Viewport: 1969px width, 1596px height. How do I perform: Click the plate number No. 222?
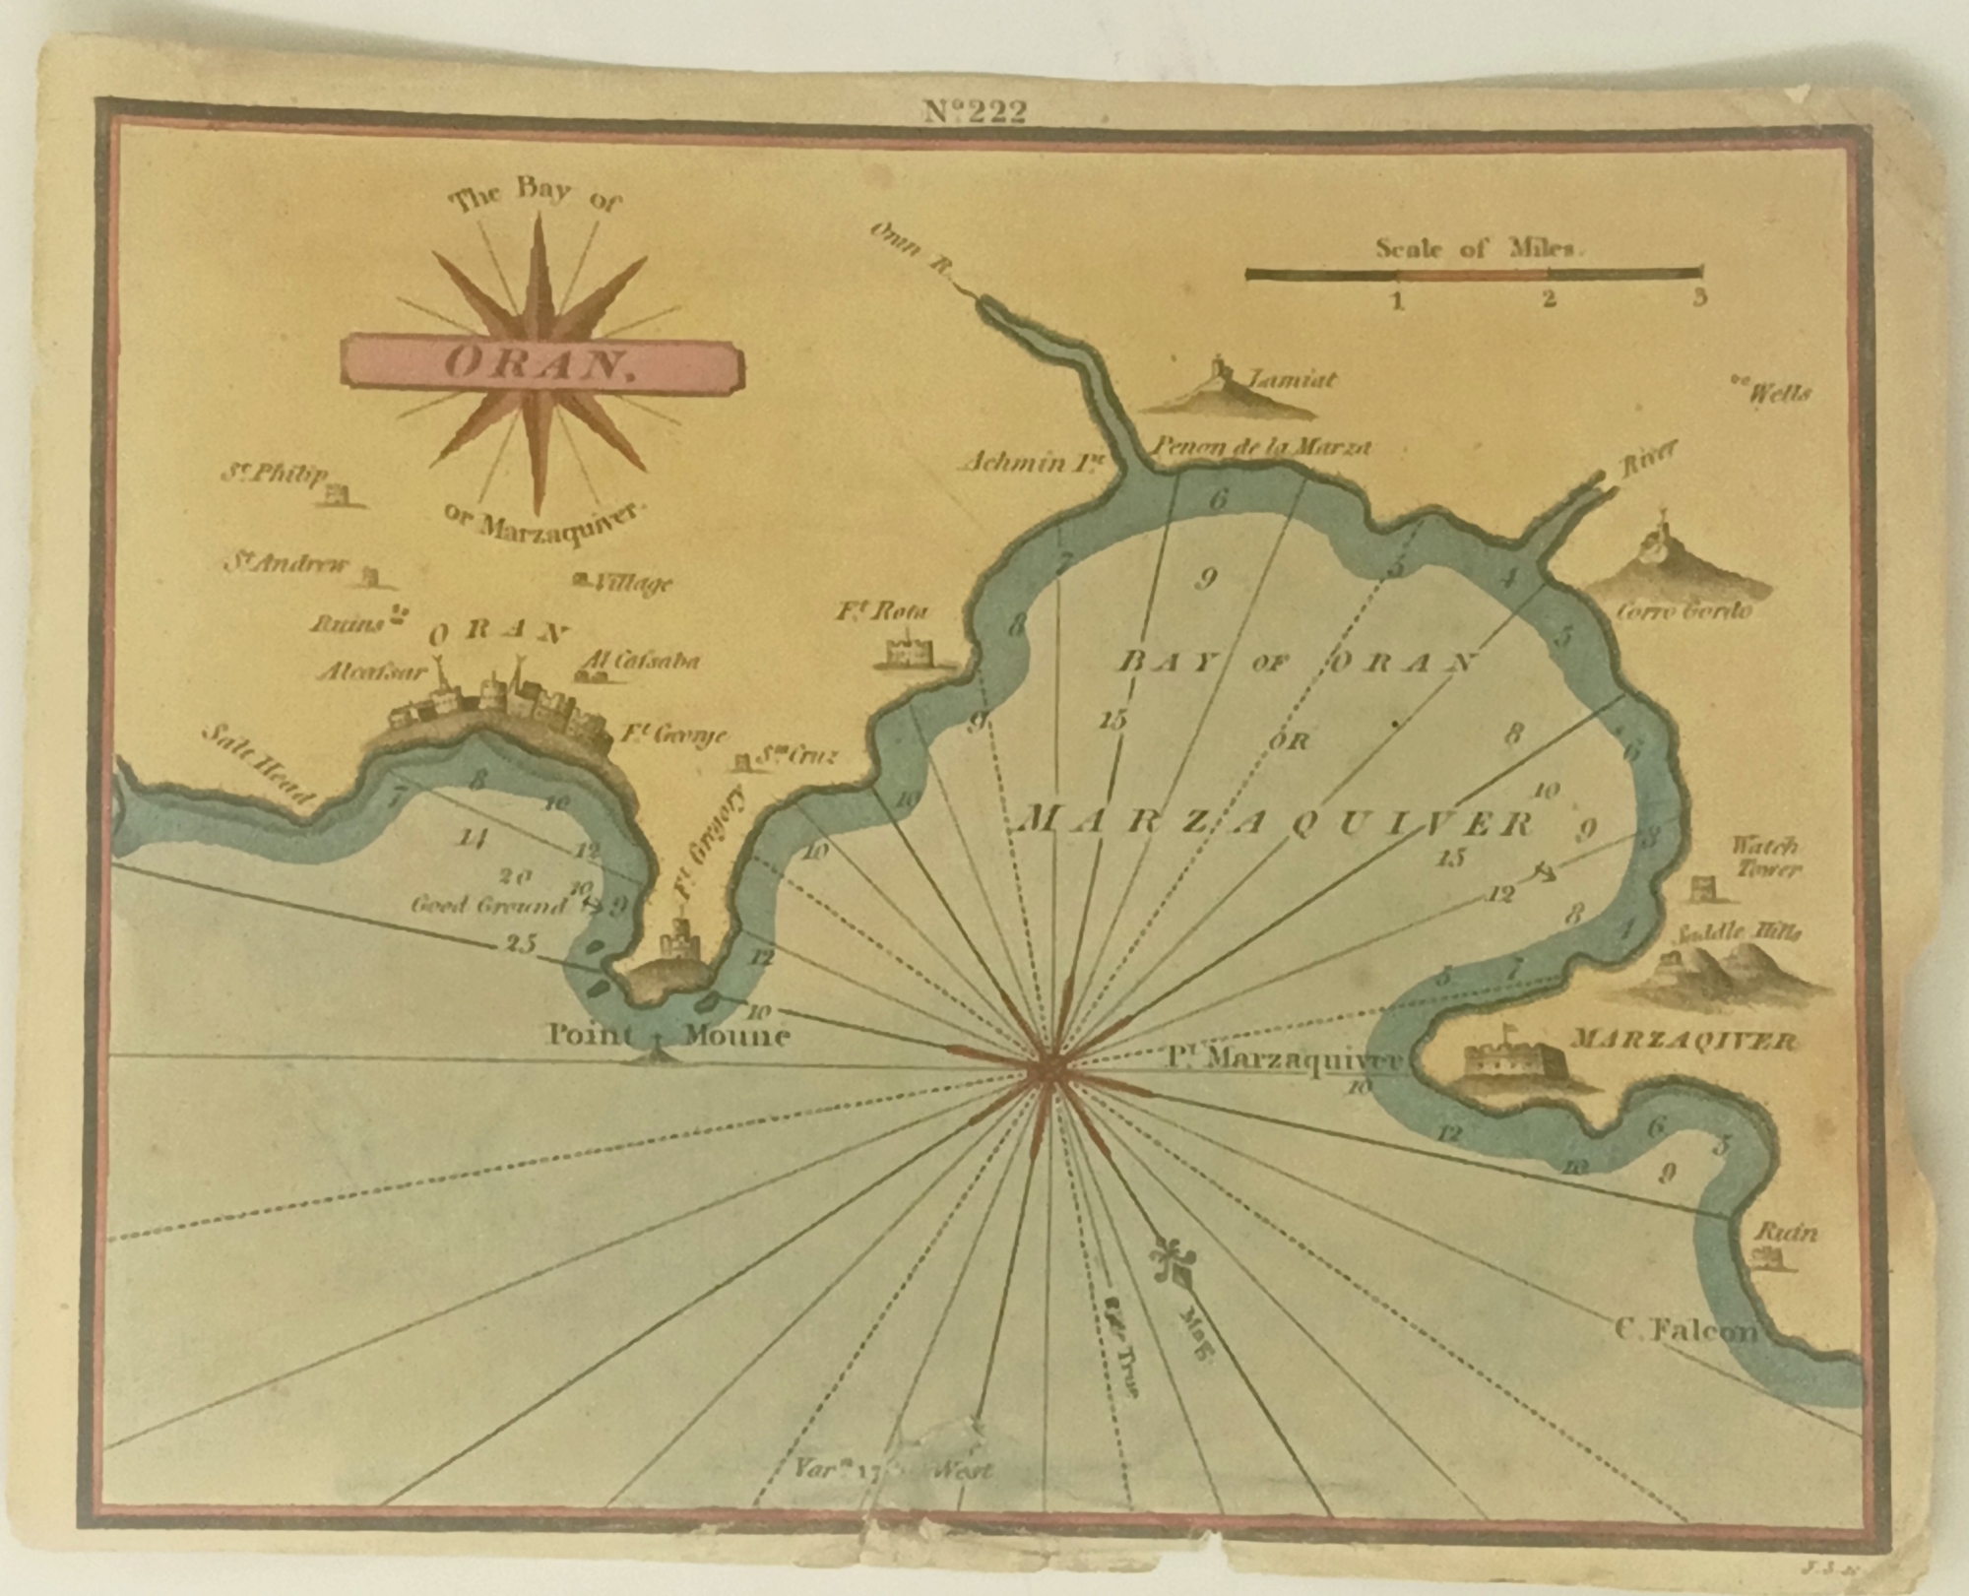tap(975, 112)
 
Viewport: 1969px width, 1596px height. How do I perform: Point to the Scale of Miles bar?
tap(1474, 273)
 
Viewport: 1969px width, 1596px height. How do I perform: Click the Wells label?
tap(1778, 394)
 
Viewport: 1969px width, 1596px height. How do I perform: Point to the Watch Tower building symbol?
tap(1701, 889)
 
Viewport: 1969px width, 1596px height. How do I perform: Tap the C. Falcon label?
tap(1685, 1332)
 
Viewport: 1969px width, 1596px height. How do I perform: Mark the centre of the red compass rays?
tap(1051, 1071)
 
